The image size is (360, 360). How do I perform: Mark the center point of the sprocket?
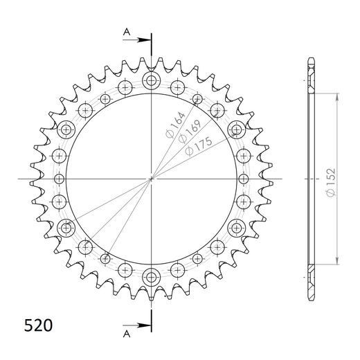(x=151, y=179)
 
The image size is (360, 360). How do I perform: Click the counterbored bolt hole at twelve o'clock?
(x=151, y=82)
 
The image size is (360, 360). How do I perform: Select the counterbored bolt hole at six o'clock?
(x=151, y=278)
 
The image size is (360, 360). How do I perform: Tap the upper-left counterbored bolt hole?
(x=67, y=129)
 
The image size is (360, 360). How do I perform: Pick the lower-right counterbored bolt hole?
(x=235, y=227)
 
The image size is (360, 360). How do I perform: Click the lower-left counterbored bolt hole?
(x=67, y=227)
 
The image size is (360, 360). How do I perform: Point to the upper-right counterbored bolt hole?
(x=235, y=129)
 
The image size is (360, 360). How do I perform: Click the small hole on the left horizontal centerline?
(x=59, y=179)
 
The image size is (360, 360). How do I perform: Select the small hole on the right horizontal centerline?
(x=243, y=179)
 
